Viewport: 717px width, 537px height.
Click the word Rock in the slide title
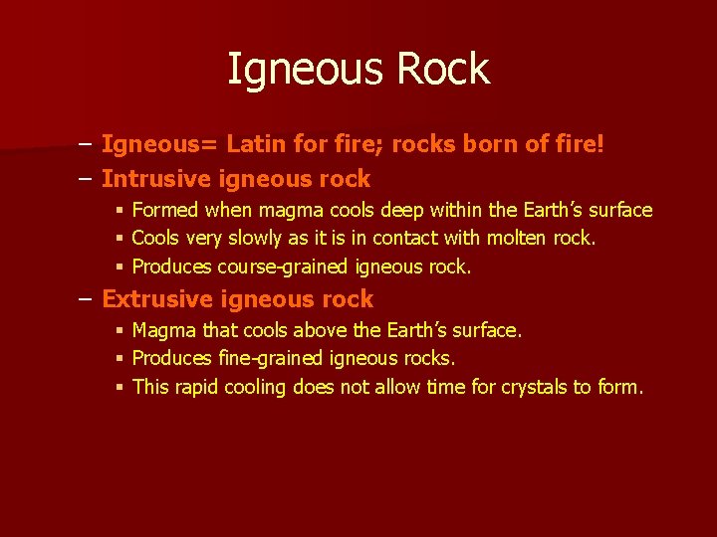pyautogui.click(x=443, y=70)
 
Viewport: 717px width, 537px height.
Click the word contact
pyautogui.click(x=410, y=239)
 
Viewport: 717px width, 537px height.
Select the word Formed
pyautogui.click(x=165, y=210)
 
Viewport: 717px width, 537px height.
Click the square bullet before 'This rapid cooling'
pyautogui.click(x=119, y=388)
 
